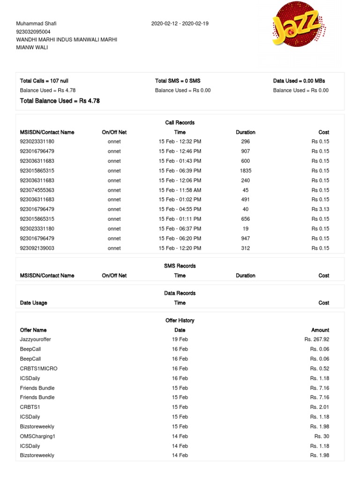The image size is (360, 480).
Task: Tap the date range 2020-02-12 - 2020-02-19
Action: coord(180,23)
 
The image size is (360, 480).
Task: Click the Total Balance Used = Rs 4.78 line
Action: coord(60,101)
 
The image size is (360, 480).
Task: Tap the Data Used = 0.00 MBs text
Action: coord(299,81)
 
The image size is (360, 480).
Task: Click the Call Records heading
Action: coord(180,123)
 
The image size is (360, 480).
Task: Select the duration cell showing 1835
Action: coord(246,171)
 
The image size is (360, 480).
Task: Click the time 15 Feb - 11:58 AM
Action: coord(180,190)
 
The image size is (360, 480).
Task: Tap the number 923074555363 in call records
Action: coord(37,190)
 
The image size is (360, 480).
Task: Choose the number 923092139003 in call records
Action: coord(37,248)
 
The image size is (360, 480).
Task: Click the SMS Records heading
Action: coord(180,266)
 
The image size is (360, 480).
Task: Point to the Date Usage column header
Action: coord(34,303)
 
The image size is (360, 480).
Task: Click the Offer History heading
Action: coord(180,321)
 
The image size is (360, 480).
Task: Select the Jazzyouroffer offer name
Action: coord(36,339)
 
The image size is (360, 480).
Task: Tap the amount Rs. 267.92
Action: coord(317,339)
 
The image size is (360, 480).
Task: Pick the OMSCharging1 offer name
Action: coord(37,436)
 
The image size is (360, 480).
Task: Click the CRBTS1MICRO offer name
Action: coord(39,369)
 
